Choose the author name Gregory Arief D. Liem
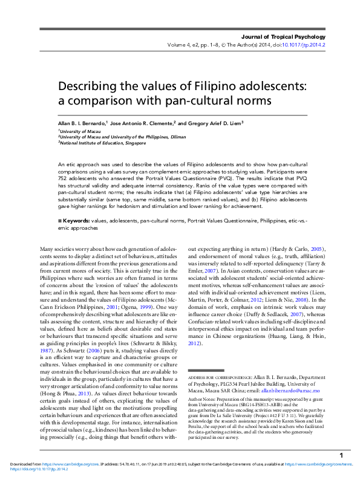coord(216,123)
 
